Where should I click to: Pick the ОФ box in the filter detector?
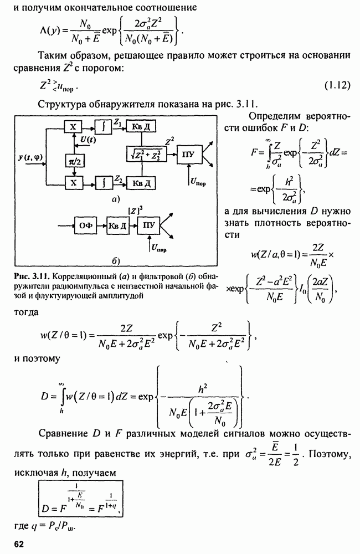[x=85, y=225]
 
